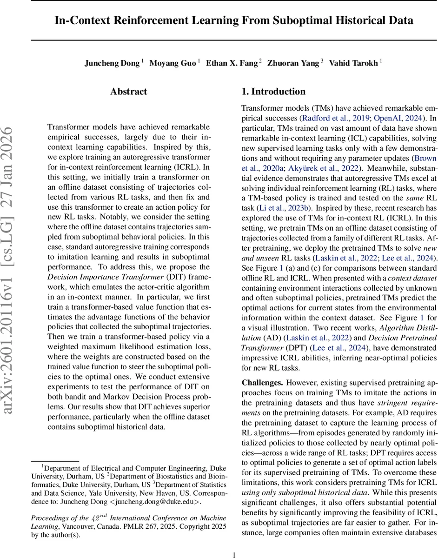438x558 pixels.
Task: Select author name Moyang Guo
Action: click(173, 63)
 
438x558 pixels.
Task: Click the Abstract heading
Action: click(129, 92)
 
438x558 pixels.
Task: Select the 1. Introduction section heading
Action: click(274, 92)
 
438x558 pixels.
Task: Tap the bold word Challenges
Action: click(262, 383)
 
